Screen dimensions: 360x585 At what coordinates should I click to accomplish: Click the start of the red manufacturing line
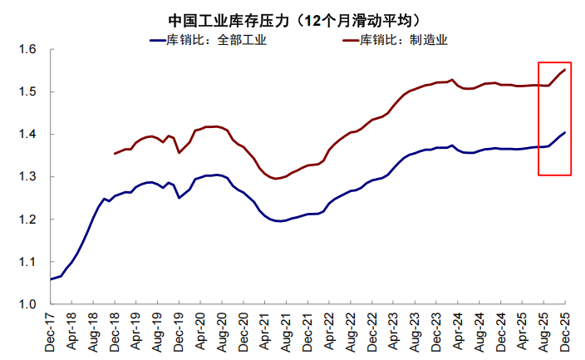pyautogui.click(x=115, y=154)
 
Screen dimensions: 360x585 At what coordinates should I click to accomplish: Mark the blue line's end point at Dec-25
pyautogui.click(x=565, y=133)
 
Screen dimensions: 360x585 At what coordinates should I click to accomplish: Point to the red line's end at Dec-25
pyautogui.click(x=565, y=70)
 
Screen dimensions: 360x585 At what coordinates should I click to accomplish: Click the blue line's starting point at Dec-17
pyautogui.click(x=50, y=279)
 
